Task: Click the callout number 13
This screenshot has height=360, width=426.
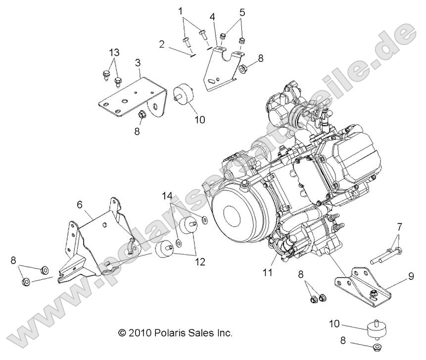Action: (114, 53)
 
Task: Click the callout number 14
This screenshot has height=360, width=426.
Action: (168, 196)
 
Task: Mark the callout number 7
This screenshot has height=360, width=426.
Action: (399, 226)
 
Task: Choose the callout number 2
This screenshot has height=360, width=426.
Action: (162, 44)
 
